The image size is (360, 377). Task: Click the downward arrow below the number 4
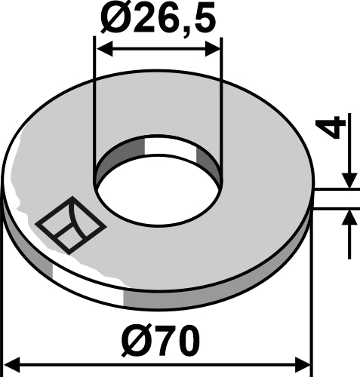pyautogui.click(x=349, y=179)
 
